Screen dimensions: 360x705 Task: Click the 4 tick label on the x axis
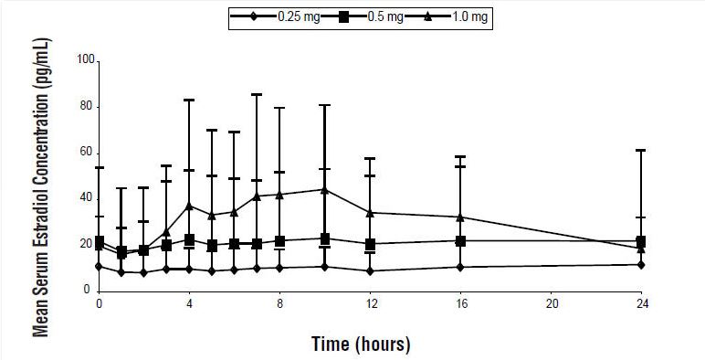tap(189, 304)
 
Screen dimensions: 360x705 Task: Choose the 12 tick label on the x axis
tap(370, 304)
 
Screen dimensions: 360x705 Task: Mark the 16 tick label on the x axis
tap(460, 304)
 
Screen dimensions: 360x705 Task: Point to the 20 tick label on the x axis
tap(551, 304)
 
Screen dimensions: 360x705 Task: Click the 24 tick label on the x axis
tap(641, 304)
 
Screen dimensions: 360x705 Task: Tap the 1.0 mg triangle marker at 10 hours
tap(324, 189)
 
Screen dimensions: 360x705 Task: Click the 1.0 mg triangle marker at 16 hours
tap(460, 217)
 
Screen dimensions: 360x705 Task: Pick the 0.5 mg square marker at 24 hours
tap(641, 241)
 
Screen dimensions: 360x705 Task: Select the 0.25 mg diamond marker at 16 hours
tap(460, 267)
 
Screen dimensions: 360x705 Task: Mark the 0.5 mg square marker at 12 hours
tap(370, 244)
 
